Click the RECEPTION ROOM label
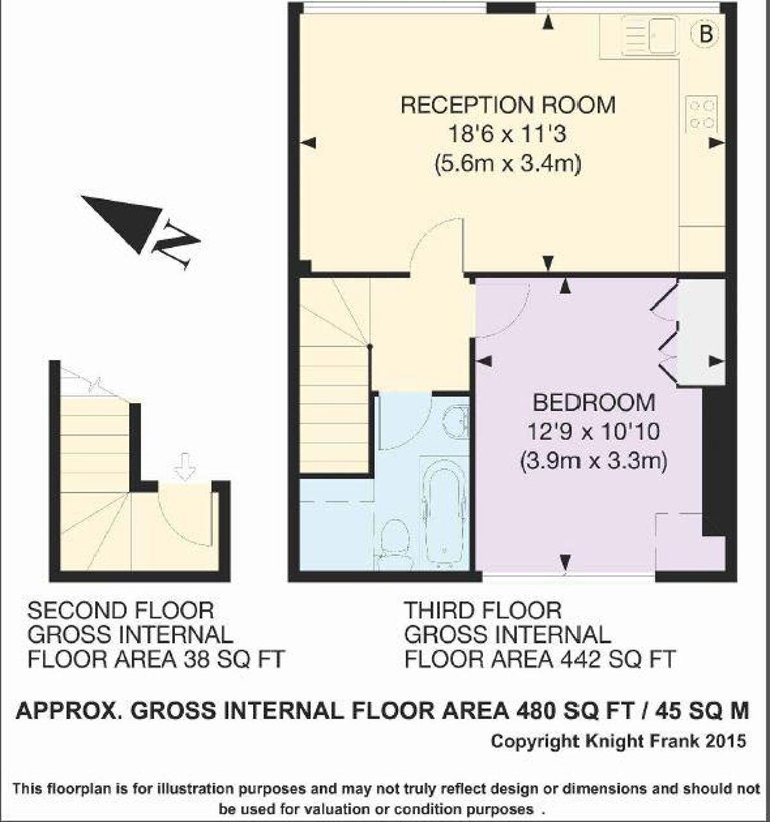[508, 105]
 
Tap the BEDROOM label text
[594, 403]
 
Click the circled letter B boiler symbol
[705, 34]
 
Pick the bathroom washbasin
[456, 421]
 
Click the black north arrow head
[128, 220]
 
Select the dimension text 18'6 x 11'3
[508, 135]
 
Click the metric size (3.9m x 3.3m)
[594, 461]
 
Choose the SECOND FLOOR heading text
[120, 610]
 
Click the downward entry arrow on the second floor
[185, 467]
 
